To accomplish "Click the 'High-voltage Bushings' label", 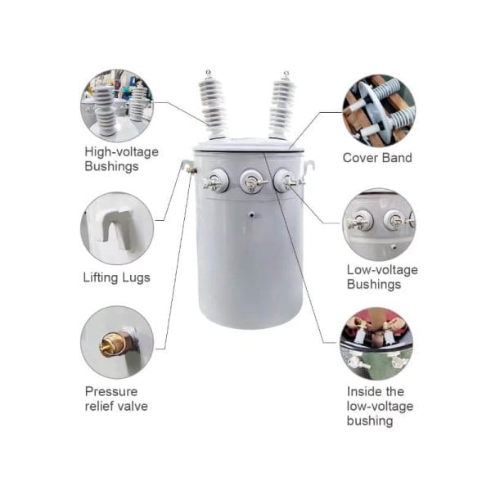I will click(x=121, y=159).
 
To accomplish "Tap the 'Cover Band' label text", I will click(x=377, y=158).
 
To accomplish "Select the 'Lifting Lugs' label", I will click(x=116, y=277).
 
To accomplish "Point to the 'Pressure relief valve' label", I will click(x=116, y=399).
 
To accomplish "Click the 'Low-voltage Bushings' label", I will click(x=382, y=277).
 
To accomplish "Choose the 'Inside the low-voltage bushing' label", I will click(x=380, y=406).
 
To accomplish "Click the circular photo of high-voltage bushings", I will click(x=116, y=106).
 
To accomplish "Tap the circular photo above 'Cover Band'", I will click(x=378, y=110).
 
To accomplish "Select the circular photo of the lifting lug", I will click(x=116, y=228).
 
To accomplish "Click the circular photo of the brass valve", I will click(x=117, y=342).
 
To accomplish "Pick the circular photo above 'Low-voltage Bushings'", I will click(x=378, y=224).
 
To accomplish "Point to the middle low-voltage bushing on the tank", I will click(x=251, y=182).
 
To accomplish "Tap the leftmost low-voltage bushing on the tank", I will click(x=216, y=181).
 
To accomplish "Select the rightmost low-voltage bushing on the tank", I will click(x=285, y=181).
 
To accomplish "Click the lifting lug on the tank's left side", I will click(x=189, y=168).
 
